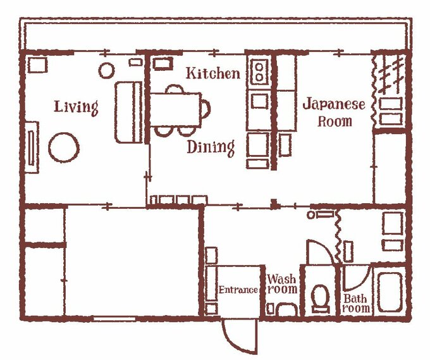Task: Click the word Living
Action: click(76, 108)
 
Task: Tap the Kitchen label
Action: click(213, 73)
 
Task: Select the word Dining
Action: click(211, 147)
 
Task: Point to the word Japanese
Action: click(334, 104)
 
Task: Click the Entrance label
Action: click(238, 290)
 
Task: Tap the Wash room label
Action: click(282, 284)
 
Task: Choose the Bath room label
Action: click(355, 304)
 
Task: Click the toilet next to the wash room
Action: click(321, 299)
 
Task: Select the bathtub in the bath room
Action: click(390, 292)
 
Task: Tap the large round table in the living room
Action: click(64, 147)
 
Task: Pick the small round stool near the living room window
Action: click(106, 70)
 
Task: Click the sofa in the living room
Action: click(128, 112)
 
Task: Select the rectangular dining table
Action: click(176, 109)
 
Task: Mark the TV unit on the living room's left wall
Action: click(32, 147)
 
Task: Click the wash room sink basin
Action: click(286, 309)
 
